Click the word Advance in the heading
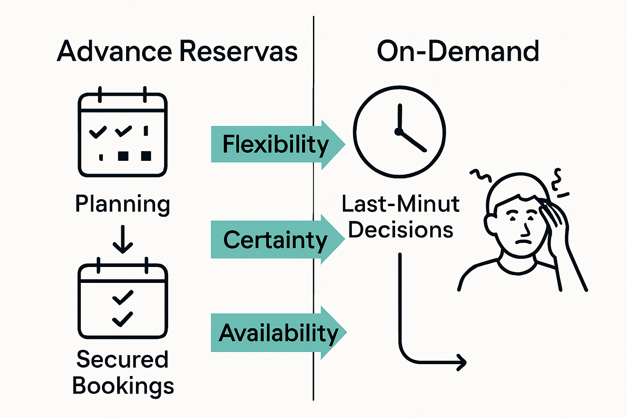(x=114, y=52)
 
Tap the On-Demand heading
(x=458, y=52)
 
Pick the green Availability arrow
(x=278, y=333)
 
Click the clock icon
(x=399, y=131)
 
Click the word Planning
(x=122, y=204)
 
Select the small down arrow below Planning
(x=122, y=241)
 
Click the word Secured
(x=122, y=359)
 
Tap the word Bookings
(x=123, y=386)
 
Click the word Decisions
(x=400, y=230)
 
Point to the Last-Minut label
(x=400, y=204)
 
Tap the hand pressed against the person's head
(x=553, y=220)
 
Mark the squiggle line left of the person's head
(x=480, y=176)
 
